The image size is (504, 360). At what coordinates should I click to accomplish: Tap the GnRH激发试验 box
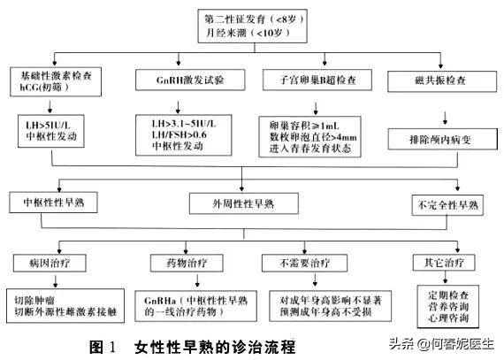point(185,80)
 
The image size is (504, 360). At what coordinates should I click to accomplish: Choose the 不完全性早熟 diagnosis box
point(447,205)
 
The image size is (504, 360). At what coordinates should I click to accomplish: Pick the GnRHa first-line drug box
point(195,306)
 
